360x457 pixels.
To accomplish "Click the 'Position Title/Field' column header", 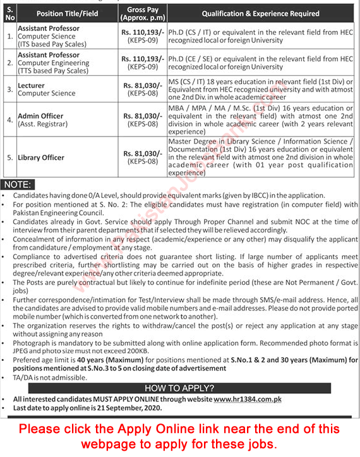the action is pyautogui.click(x=67, y=13).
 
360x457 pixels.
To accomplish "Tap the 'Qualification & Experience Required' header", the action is pyautogui.click(x=260, y=13).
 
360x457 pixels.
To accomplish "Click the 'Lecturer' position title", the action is pyautogui.click(x=32, y=85).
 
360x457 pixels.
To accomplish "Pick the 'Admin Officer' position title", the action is pyautogui.click(x=40, y=116).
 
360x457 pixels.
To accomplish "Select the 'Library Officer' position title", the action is pyautogui.click(x=42, y=157).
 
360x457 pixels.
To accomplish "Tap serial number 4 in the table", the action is pyautogui.click(x=8, y=120).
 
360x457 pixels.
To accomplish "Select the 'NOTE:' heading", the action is pyautogui.click(x=18, y=185).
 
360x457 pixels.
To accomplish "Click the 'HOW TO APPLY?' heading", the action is pyautogui.click(x=179, y=387).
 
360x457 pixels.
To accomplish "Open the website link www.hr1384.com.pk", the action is pyautogui.click(x=248, y=399).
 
